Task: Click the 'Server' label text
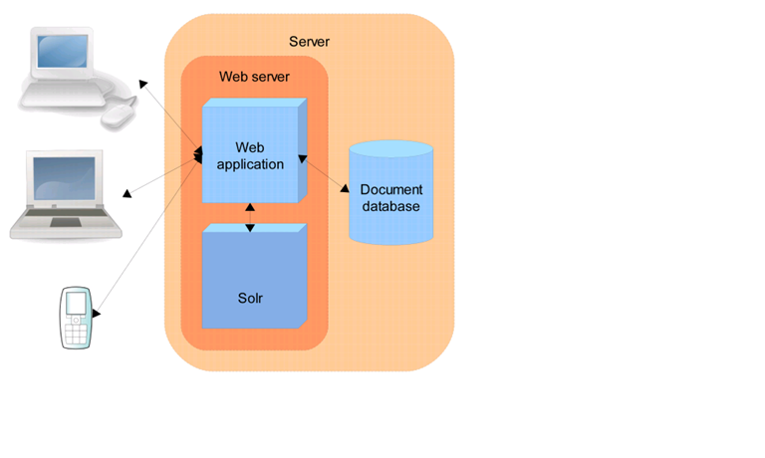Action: tap(309, 42)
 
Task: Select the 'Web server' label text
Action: tap(253, 77)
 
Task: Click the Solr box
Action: tap(252, 279)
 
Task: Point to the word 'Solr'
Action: tap(251, 298)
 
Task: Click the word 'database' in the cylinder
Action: tap(391, 206)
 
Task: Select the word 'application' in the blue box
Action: tap(251, 164)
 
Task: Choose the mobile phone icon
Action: tap(76, 318)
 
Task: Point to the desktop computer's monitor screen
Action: tap(63, 56)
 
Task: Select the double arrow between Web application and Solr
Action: tap(250, 217)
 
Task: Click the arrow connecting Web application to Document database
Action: tap(323, 173)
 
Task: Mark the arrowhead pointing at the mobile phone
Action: tap(97, 314)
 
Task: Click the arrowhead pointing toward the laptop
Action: tap(127, 192)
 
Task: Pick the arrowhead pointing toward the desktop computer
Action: tap(145, 84)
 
